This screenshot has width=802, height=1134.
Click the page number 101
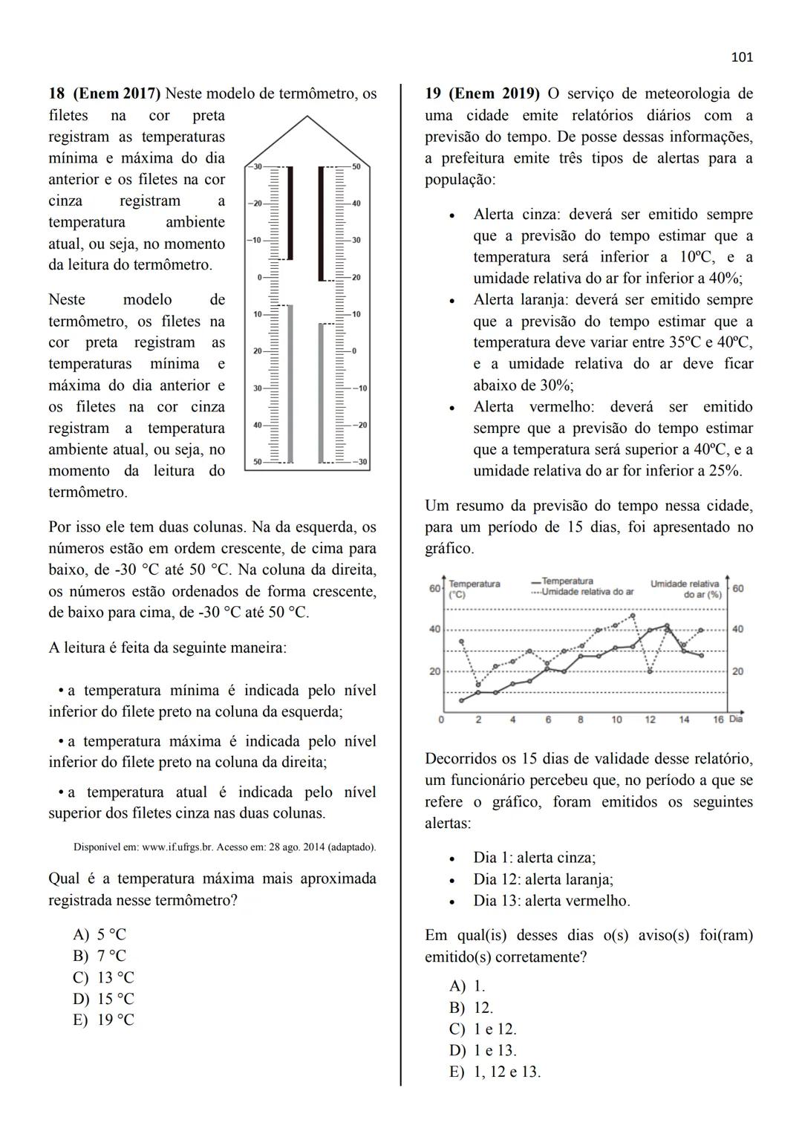(x=742, y=57)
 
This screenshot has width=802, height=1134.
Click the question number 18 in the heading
(x=56, y=94)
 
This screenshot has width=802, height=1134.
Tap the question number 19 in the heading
(x=432, y=94)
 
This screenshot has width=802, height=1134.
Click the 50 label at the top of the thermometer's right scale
(x=356, y=167)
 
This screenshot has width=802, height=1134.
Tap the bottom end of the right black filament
(x=322, y=278)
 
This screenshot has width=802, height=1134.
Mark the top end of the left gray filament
(x=290, y=305)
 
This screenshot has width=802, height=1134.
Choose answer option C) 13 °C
(x=104, y=977)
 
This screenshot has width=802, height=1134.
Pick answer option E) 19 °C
(x=104, y=1020)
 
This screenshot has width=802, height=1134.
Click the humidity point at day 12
(x=651, y=671)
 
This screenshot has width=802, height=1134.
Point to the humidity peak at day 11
(x=633, y=616)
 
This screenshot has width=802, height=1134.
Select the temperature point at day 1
(x=461, y=700)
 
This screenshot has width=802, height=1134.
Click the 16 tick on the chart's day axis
(x=718, y=720)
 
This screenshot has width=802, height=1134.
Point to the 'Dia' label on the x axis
(x=736, y=719)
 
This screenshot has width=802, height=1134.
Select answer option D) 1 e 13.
(x=483, y=1050)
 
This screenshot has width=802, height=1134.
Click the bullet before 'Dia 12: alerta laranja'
(x=452, y=880)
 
